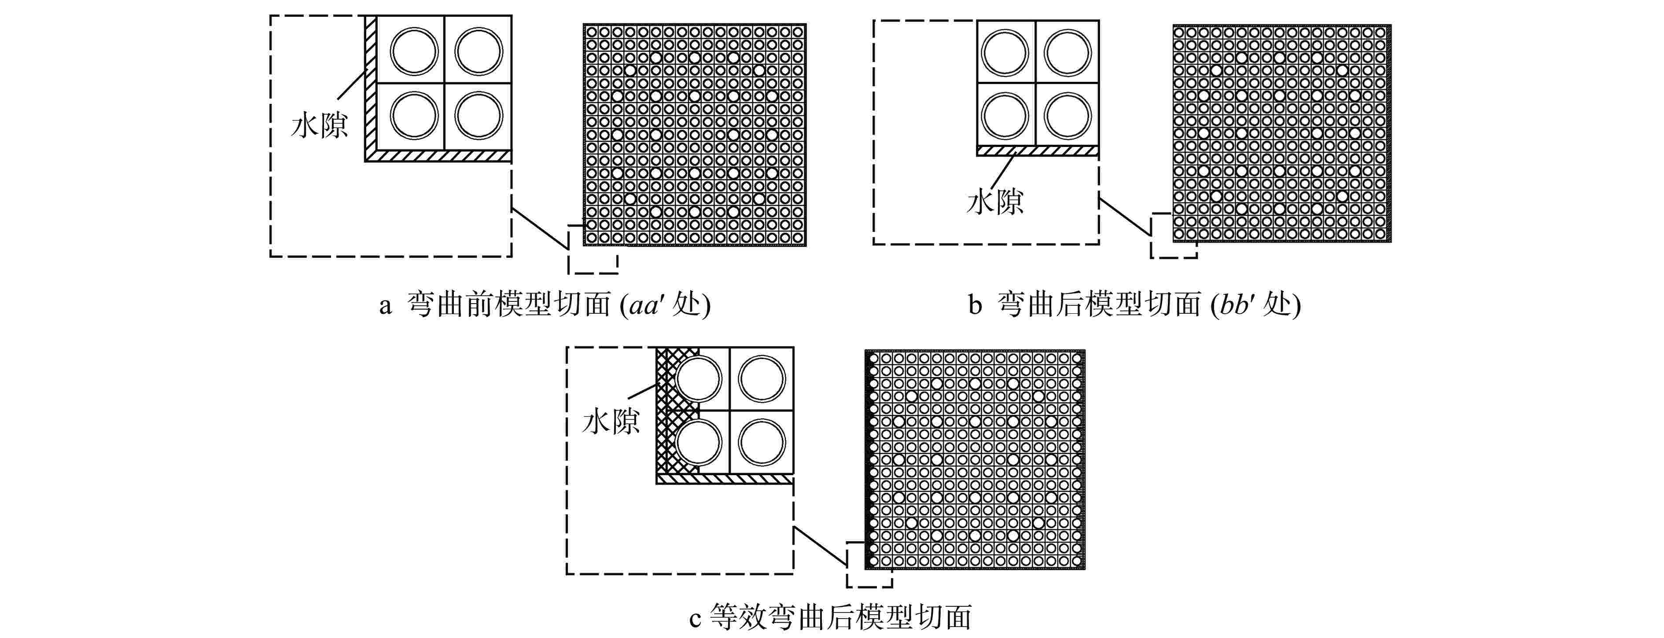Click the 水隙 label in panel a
319,125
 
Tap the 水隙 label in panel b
995,202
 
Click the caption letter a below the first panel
385,305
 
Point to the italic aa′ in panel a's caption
645,305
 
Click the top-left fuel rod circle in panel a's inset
414,51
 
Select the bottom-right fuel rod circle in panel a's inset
478,116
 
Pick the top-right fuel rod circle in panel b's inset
1067,51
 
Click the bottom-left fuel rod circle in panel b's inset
1005,116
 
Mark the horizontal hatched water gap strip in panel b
1037,151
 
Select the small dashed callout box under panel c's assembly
869,565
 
